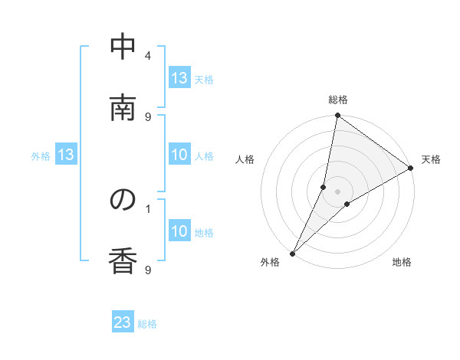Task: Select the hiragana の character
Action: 123,200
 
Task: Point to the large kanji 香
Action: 123,260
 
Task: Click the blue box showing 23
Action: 123,323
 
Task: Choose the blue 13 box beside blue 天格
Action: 179,78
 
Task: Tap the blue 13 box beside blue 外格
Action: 66,155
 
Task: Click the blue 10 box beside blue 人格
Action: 179,155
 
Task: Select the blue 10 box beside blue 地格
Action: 179,231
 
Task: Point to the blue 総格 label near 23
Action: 147,324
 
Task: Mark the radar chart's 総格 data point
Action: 337,116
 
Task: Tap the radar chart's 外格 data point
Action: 292,253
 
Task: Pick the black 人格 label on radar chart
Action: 245,159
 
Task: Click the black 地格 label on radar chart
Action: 402,263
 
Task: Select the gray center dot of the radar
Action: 337,191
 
